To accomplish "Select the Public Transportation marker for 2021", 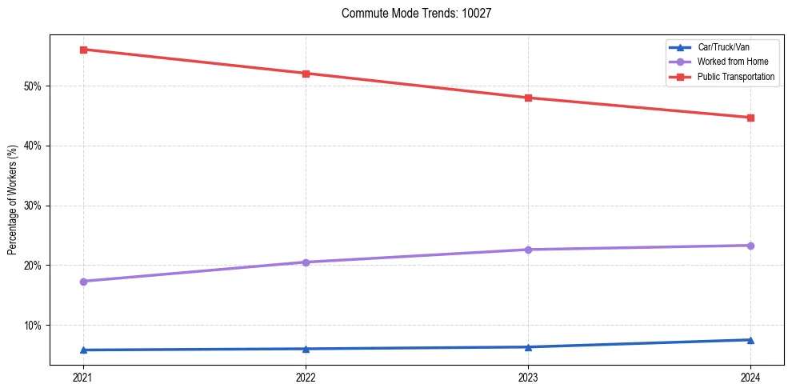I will tap(83, 50).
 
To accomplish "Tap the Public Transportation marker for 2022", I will tap(306, 74).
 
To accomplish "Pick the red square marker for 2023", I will tap(528, 98).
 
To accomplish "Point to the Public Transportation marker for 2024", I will tap(750, 118).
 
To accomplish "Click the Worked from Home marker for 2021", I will tap(83, 282).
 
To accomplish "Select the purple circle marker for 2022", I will tap(306, 262).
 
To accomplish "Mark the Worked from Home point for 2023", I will tap(528, 250).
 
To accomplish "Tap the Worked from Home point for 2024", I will tap(750, 246).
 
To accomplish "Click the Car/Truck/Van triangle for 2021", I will tap(83, 350).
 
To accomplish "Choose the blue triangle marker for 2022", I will tap(306, 349).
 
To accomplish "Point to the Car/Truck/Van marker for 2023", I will tap(528, 347).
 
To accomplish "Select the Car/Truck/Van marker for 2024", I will tap(750, 340).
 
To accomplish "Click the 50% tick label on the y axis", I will tap(34, 86).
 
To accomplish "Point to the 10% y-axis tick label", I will tap(34, 326).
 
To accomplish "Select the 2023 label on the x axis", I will tap(528, 377).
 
